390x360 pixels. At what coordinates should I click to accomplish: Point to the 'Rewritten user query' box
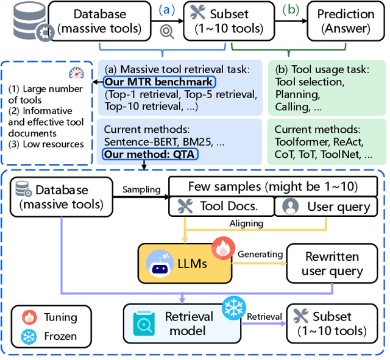(332, 263)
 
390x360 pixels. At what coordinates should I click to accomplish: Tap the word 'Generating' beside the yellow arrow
(260, 253)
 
